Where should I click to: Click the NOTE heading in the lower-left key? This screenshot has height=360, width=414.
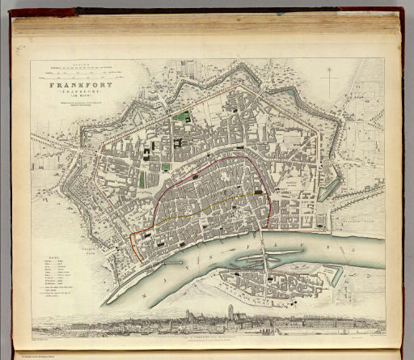tap(50, 257)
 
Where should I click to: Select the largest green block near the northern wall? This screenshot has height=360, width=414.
tap(183, 116)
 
